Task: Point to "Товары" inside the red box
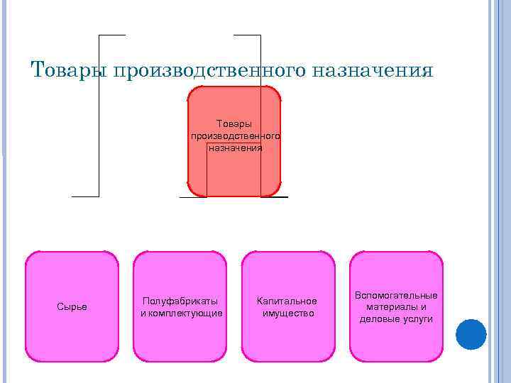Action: (234, 124)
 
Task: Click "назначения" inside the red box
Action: (235, 148)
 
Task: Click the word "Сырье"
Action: (72, 306)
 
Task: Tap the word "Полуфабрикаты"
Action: (180, 301)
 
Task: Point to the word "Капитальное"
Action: (287, 301)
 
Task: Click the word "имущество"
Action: (288, 313)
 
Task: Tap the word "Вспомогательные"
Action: (397, 295)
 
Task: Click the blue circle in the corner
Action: (471, 334)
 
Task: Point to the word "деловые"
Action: (378, 319)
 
